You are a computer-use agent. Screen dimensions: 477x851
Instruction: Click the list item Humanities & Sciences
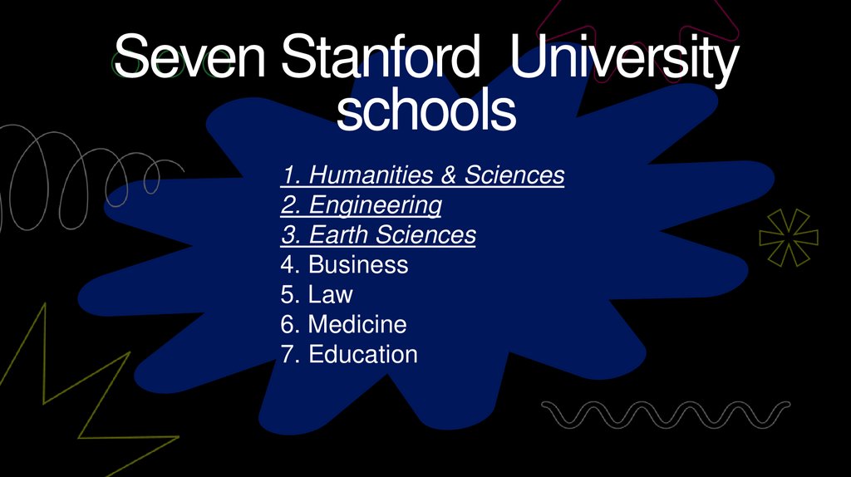click(x=423, y=175)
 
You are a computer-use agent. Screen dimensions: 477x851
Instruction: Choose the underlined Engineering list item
click(x=362, y=205)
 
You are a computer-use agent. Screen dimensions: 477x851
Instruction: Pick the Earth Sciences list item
click(x=378, y=235)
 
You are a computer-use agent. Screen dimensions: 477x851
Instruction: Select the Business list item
click(x=344, y=265)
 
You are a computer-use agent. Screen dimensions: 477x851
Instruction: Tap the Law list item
click(x=317, y=295)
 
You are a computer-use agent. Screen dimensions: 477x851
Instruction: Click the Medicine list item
click(x=343, y=325)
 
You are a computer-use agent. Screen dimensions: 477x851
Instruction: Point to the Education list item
click(x=349, y=355)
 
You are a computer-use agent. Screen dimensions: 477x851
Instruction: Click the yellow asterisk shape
click(x=788, y=238)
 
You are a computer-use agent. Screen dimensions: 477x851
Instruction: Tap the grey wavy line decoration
click(x=665, y=412)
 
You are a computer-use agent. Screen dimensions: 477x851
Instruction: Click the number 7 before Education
click(x=288, y=355)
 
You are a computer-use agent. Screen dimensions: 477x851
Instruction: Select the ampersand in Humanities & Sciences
click(x=449, y=175)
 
